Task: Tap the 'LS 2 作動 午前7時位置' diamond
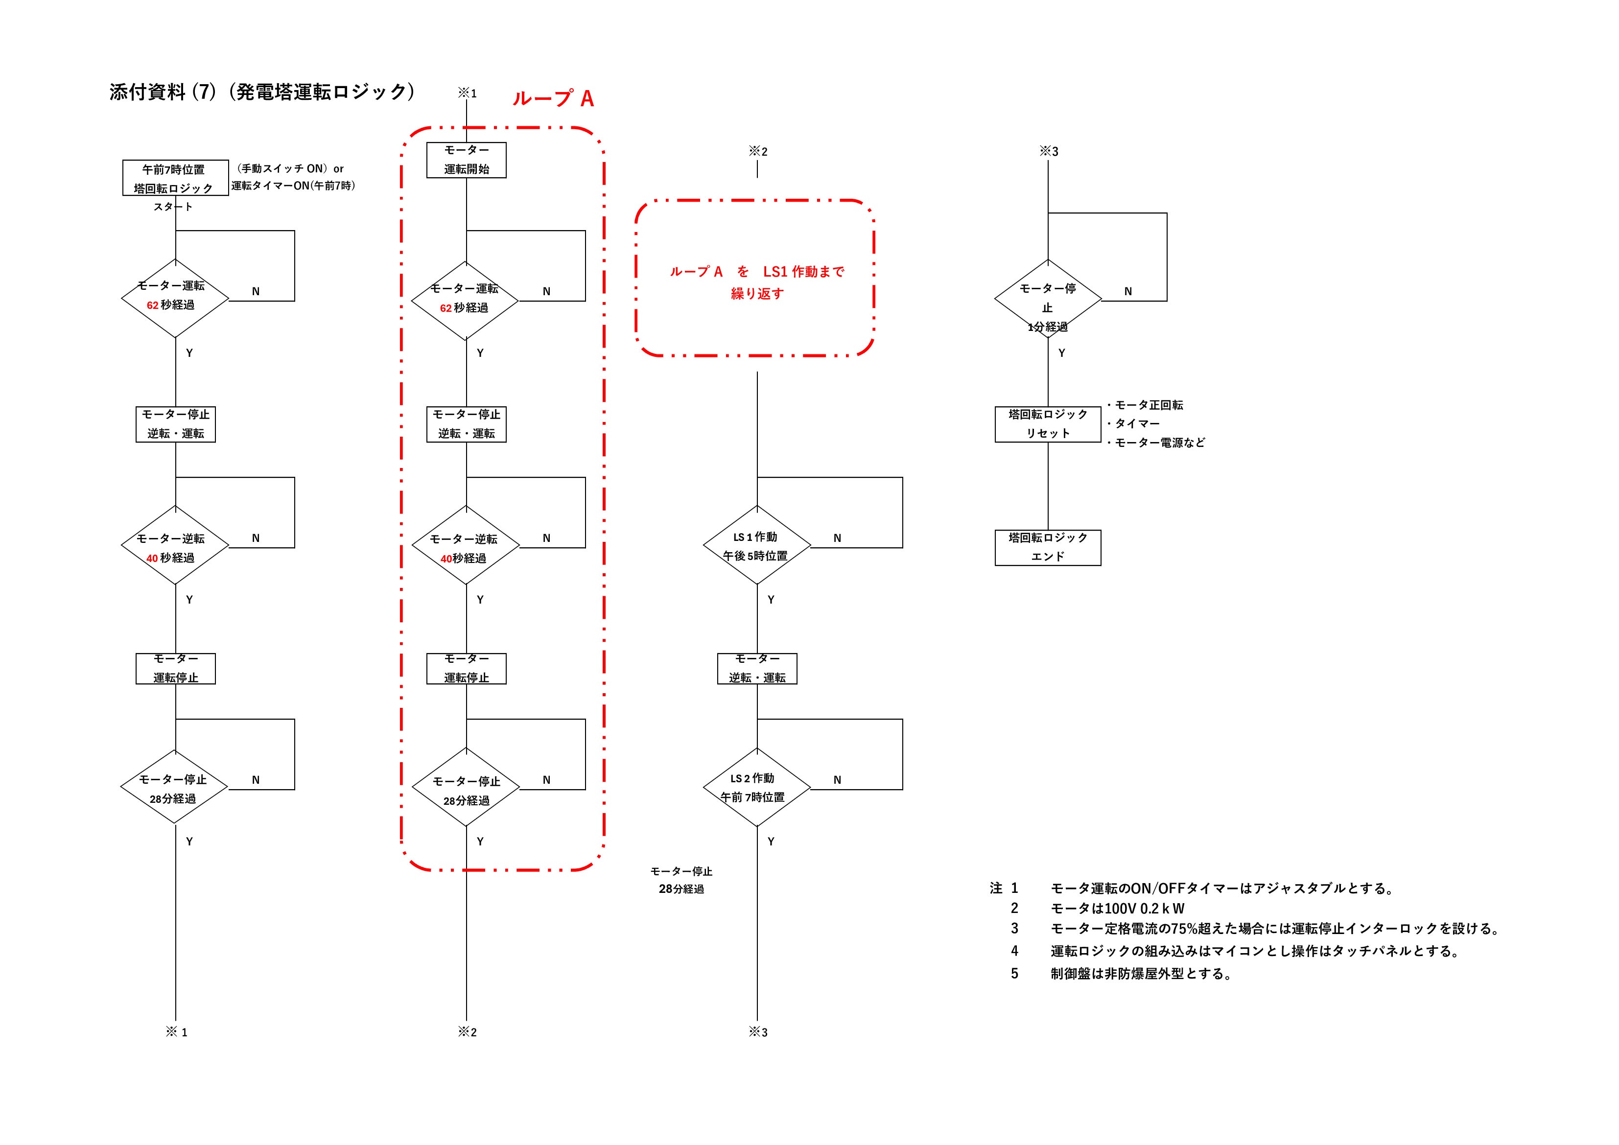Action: [x=756, y=787]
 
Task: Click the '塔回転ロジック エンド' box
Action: [x=1048, y=548]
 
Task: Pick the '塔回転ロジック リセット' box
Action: [x=1048, y=424]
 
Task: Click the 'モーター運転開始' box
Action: [x=466, y=160]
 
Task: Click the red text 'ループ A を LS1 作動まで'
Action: [x=756, y=272]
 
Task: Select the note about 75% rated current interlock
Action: [x=1275, y=929]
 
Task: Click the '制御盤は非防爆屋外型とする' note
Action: [x=1141, y=974]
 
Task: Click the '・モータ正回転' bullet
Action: [x=1145, y=405]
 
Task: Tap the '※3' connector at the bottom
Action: [x=757, y=1032]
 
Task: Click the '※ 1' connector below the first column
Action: [x=176, y=1032]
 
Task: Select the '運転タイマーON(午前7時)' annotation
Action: [x=293, y=186]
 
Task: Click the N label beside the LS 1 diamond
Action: [x=837, y=538]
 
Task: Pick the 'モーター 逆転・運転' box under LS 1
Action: [x=756, y=668]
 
